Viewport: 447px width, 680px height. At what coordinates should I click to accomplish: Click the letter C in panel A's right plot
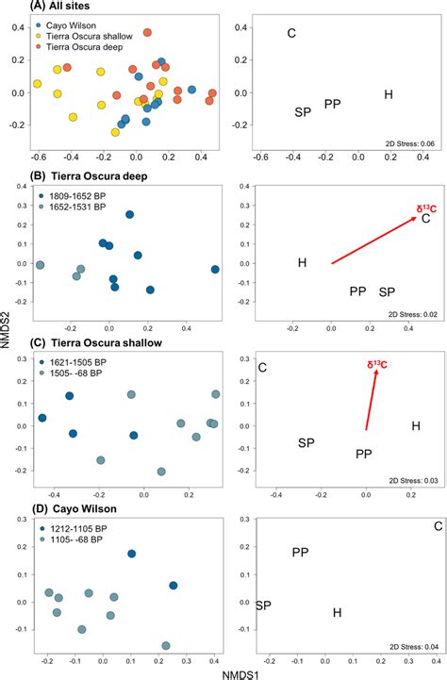pos(290,34)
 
